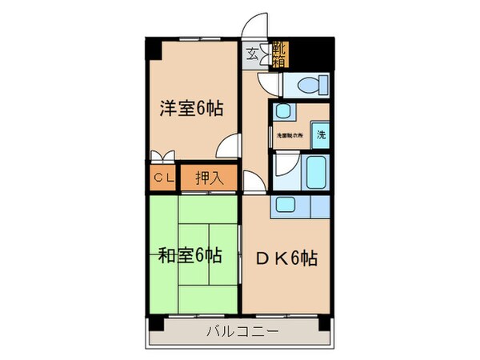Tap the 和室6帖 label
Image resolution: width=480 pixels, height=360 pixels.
(190, 256)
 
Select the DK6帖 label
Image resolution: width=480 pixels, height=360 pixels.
(286, 258)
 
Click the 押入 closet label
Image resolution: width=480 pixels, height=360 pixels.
(210, 178)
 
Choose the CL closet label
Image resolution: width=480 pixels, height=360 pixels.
(162, 178)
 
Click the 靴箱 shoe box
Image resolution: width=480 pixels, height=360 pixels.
(281, 54)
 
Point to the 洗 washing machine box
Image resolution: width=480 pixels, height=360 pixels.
(319, 134)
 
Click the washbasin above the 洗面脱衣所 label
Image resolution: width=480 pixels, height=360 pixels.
(283, 113)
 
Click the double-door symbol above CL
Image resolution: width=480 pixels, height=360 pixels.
(162, 156)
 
